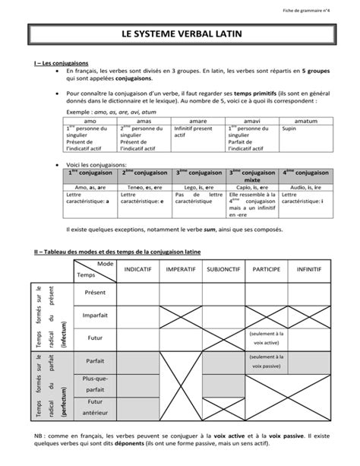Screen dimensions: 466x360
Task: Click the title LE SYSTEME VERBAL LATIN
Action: click(179, 35)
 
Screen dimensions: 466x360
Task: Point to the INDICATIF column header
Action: click(137, 270)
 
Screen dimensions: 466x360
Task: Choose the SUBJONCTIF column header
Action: click(223, 270)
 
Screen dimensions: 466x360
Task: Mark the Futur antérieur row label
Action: click(95, 407)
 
